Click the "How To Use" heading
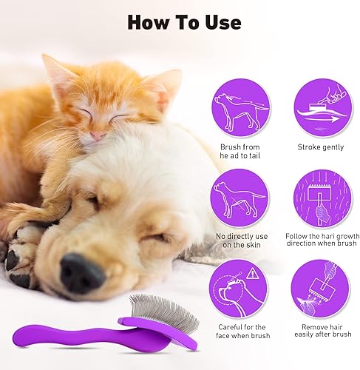tap(183, 21)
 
